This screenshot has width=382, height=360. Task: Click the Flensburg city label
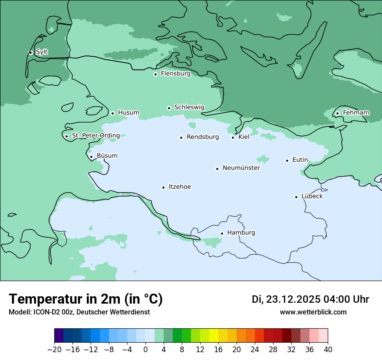click(x=175, y=74)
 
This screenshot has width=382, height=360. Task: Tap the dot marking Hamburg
click(x=222, y=233)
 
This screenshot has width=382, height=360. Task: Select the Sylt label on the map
click(x=42, y=52)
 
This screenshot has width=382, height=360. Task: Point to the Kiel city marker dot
click(x=233, y=137)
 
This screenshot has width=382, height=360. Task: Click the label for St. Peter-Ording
click(x=95, y=136)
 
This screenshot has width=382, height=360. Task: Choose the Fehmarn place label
click(x=356, y=113)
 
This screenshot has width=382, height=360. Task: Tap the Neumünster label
click(x=241, y=168)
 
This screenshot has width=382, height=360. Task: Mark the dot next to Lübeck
click(x=296, y=197)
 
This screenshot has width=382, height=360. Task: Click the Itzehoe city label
click(x=180, y=187)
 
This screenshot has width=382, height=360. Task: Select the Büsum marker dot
click(x=91, y=157)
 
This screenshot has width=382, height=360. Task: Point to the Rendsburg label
click(x=202, y=137)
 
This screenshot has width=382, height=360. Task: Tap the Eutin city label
click(x=300, y=160)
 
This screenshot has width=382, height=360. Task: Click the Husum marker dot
click(x=112, y=113)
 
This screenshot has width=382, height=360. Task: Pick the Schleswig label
click(x=189, y=108)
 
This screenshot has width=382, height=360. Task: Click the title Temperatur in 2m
click(x=86, y=299)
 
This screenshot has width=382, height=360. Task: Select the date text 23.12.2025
click(x=293, y=299)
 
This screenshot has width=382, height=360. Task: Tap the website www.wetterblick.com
click(x=313, y=312)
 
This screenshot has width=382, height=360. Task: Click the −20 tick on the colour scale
click(x=54, y=349)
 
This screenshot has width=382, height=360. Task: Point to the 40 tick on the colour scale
click(x=328, y=349)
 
